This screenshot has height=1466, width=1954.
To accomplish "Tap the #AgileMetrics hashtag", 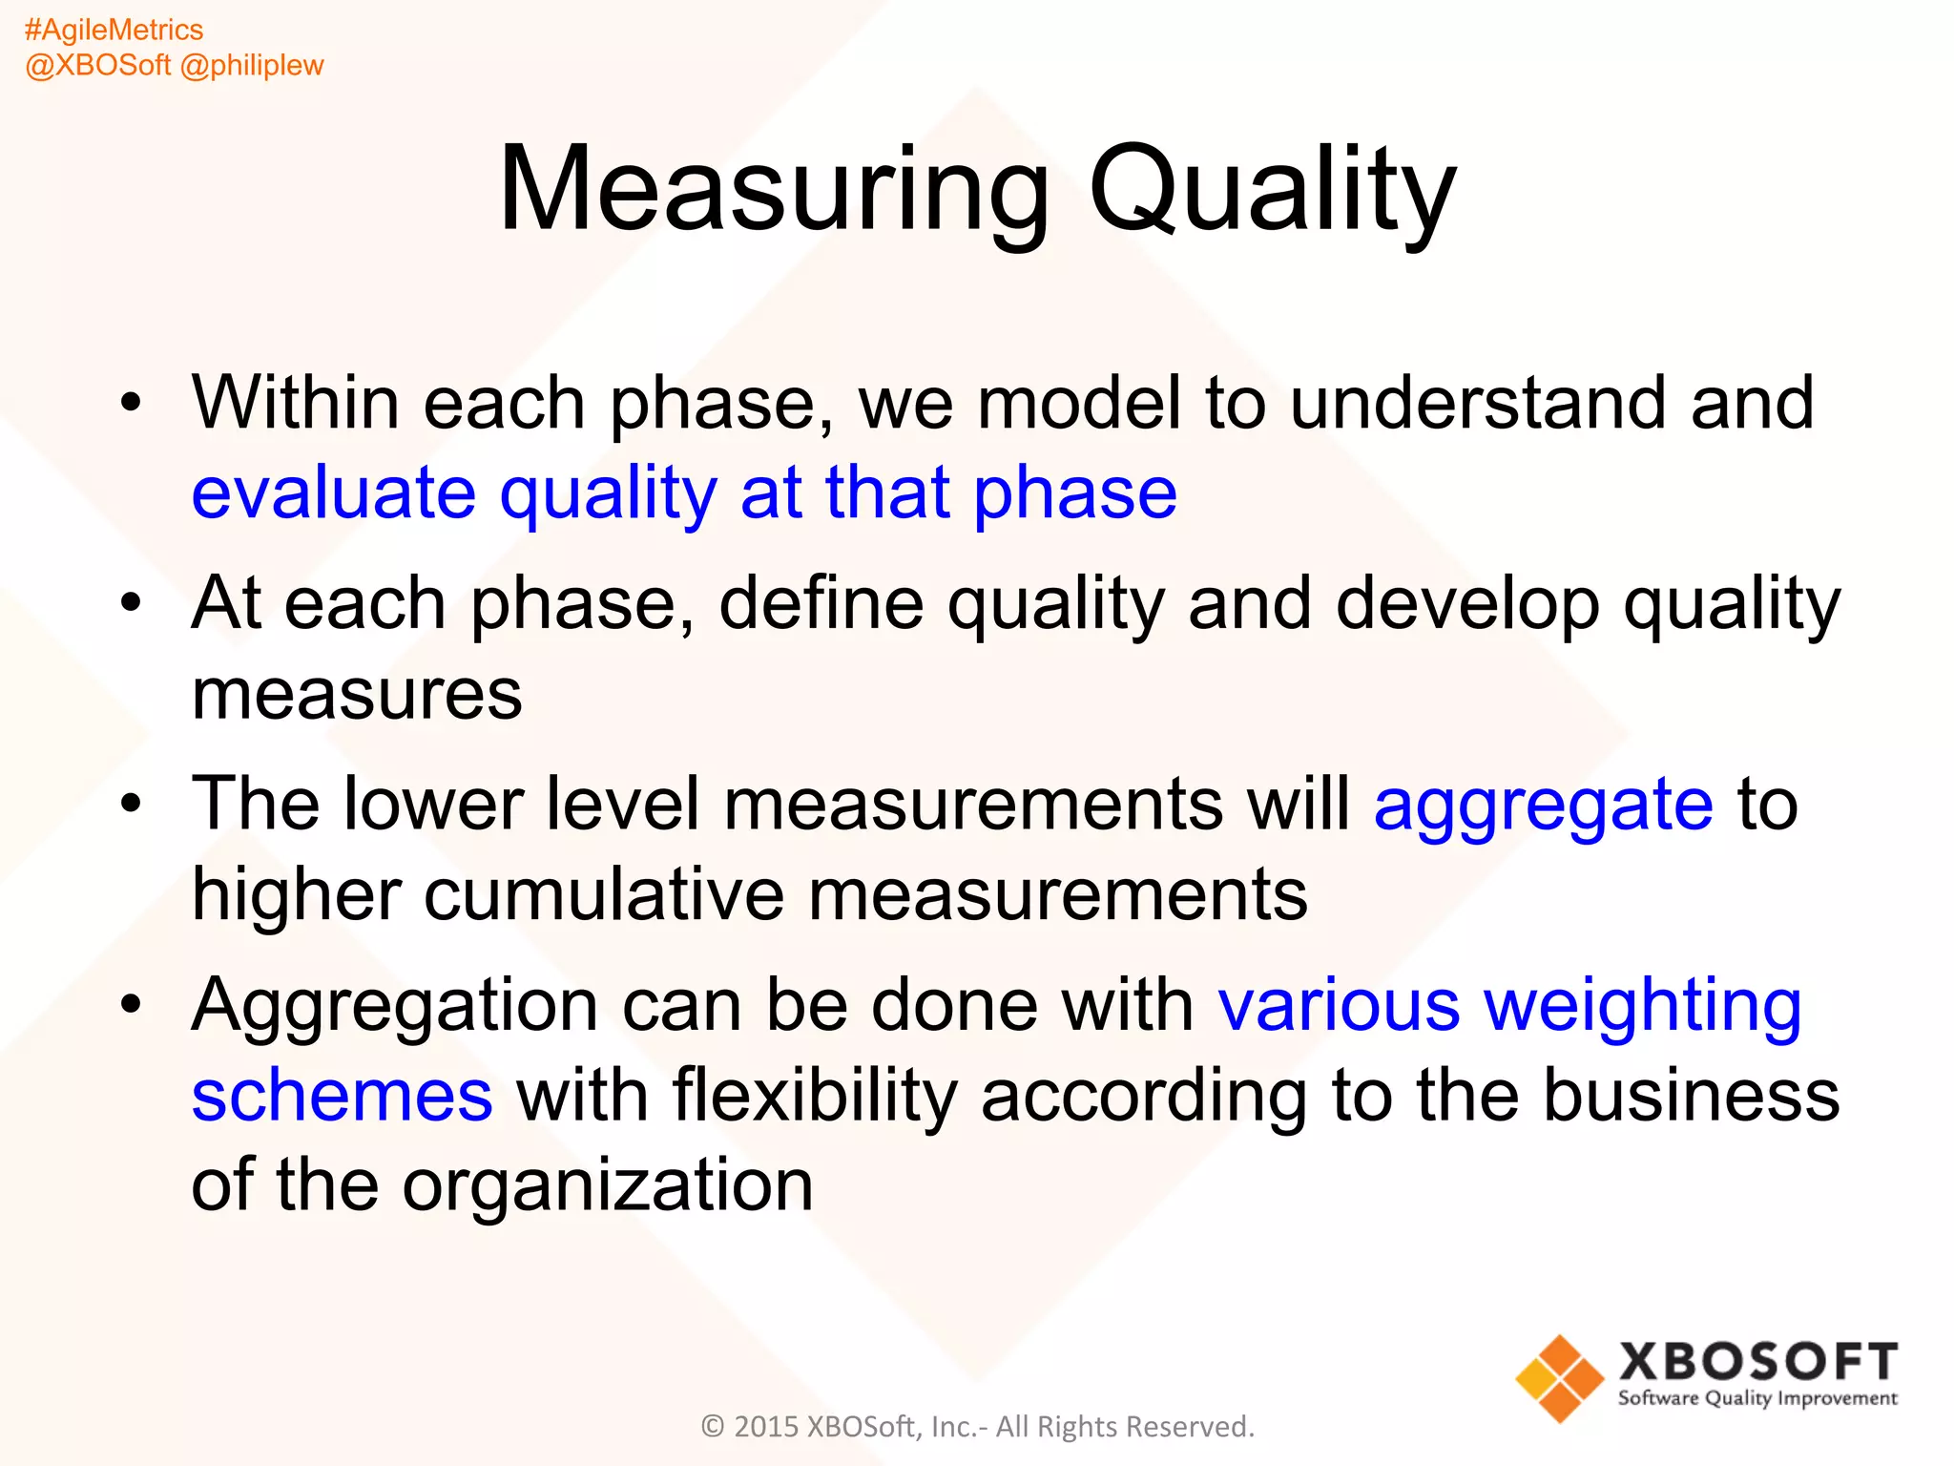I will coord(114,30).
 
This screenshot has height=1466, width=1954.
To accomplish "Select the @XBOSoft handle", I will coord(97,65).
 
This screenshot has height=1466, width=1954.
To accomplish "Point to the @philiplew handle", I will coord(252,65).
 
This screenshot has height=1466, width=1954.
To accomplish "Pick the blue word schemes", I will coord(342,1096).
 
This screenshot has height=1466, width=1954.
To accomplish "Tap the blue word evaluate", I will coord(333,494).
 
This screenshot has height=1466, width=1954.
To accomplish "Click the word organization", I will coord(608,1185).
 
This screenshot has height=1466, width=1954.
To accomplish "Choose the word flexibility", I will coord(814,1096).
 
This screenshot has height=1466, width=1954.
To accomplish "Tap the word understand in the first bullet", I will coord(1478,403).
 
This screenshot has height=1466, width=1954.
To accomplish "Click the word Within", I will coord(296,403).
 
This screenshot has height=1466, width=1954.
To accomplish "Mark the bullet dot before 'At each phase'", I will coord(131,603).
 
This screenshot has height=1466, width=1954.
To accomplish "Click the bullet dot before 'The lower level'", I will coord(131,804).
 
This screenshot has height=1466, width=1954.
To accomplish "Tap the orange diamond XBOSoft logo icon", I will coord(1559,1378).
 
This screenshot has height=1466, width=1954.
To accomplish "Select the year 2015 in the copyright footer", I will coord(765,1426).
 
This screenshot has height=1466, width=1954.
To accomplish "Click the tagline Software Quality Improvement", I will coord(1757,1398).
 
